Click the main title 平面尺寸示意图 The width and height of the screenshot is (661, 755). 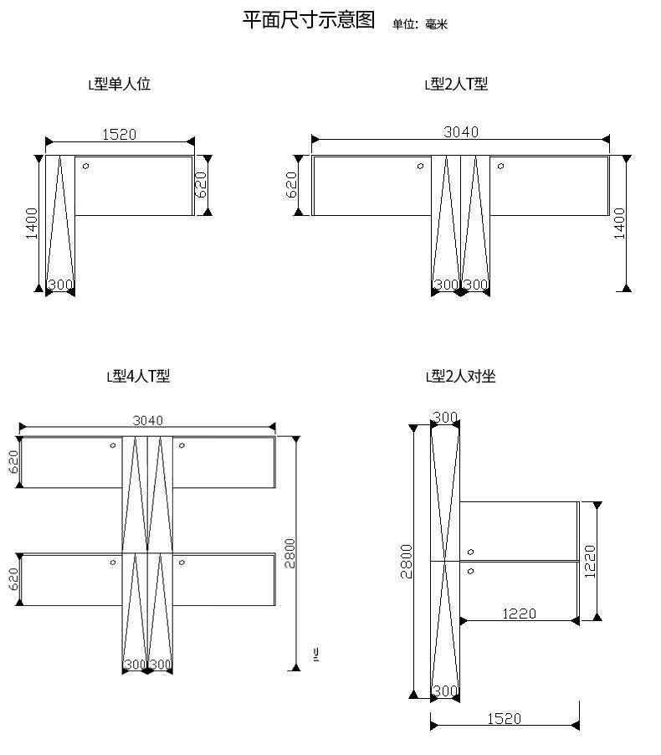tap(309, 20)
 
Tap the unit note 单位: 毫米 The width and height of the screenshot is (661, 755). tap(420, 24)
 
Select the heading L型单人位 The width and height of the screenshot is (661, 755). tap(120, 85)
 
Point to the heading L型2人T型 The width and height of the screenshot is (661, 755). tap(456, 85)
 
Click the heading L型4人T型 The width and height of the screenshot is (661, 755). tap(138, 376)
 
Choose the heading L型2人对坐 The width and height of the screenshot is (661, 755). tap(461, 376)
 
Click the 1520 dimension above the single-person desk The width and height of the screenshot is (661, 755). tap(120, 134)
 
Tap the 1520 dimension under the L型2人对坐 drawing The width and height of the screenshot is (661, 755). tap(504, 719)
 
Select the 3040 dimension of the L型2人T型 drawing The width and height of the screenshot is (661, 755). tap(461, 132)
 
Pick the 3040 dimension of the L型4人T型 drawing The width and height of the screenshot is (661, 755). tap(148, 420)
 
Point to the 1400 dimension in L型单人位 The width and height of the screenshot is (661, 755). tap(31, 223)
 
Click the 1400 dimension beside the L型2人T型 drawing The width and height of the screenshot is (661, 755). tap(620, 223)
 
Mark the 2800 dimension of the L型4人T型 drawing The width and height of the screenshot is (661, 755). tap(290, 553)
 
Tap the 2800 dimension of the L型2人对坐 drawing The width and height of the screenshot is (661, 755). tap(407, 562)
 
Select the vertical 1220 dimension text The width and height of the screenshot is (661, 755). tap(590, 562)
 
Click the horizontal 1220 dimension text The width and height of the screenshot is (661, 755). tap(519, 614)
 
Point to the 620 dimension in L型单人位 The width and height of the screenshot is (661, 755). tap(200, 184)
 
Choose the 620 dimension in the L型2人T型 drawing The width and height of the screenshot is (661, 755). tap(291, 185)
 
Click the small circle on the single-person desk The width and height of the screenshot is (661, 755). tap(85, 166)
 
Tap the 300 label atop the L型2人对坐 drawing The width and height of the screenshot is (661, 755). tap(445, 417)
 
